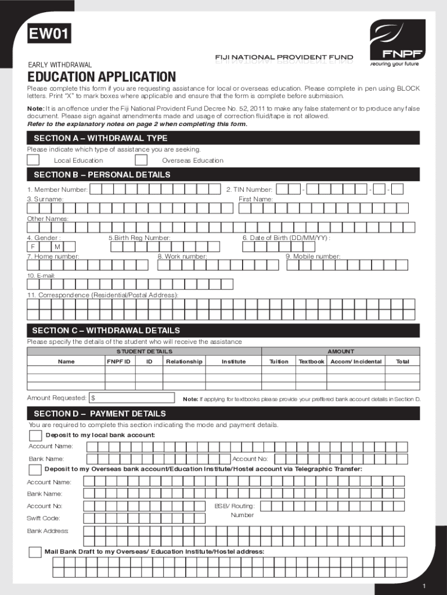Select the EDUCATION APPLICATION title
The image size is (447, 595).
point(101,77)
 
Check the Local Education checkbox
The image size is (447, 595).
point(34,160)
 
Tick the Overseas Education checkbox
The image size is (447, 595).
point(140,160)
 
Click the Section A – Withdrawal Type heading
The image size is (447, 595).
point(100,138)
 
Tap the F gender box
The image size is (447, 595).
point(34,247)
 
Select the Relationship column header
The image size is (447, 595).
point(184,361)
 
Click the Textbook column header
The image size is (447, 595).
point(311,361)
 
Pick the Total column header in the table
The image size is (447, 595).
point(402,361)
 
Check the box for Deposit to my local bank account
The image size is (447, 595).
point(35,436)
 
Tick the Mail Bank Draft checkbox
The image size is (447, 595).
point(35,552)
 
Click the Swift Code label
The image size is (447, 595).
point(44,518)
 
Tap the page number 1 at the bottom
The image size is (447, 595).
point(425,584)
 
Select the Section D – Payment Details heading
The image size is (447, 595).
point(99,414)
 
